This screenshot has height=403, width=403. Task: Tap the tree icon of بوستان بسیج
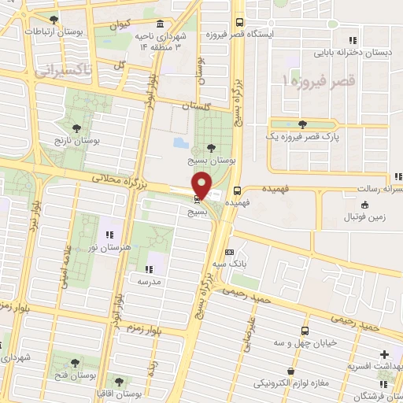[210, 146]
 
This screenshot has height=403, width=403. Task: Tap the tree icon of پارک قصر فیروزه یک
[303, 124]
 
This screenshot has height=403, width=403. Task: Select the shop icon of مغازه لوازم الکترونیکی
[292, 371]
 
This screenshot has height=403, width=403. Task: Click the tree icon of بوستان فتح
[75, 363]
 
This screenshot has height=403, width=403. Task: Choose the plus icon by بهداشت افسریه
[384, 354]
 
